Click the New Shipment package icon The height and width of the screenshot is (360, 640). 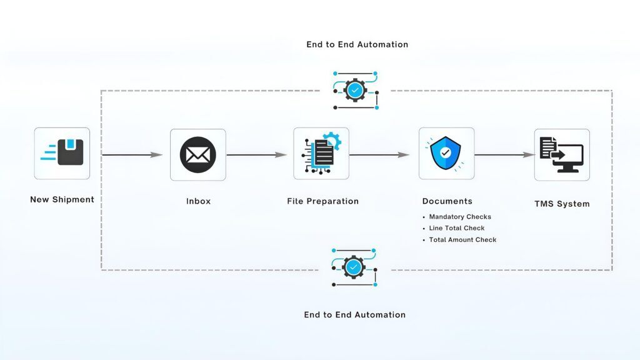tap(62, 153)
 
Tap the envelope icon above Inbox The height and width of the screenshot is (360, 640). tap(197, 154)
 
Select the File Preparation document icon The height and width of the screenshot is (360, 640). tap(321, 154)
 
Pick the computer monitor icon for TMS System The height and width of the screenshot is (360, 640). tap(561, 154)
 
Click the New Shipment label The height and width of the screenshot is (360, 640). tap(62, 199)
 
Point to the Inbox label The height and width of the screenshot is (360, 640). tap(198, 201)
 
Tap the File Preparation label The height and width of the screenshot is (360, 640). tap(322, 201)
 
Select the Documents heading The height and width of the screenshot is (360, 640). tap(447, 201)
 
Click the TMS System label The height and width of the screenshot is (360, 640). tap(561, 204)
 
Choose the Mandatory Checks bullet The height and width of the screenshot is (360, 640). tap(460, 217)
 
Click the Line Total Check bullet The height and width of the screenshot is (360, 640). tap(456, 228)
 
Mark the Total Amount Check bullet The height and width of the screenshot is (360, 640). tap(462, 240)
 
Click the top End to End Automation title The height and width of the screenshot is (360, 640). tap(357, 44)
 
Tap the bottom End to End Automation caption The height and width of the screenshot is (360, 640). tap(354, 314)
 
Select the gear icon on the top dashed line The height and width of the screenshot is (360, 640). tap(355, 91)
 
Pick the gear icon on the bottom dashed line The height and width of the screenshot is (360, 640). tap(354, 267)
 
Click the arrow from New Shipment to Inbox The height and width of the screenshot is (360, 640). tap(132, 154)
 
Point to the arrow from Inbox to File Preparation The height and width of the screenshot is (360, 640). tap(256, 154)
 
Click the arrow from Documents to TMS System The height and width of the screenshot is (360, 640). tap(504, 154)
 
